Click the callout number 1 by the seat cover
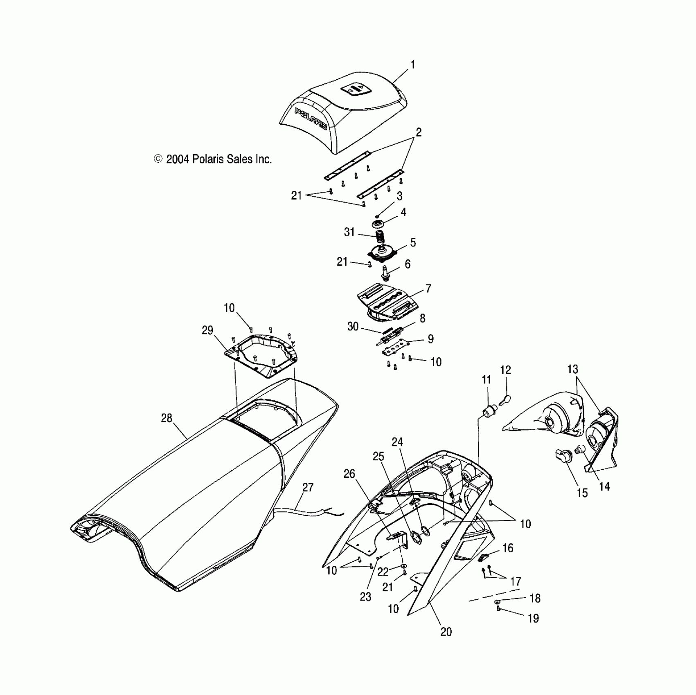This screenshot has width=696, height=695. (x=413, y=65)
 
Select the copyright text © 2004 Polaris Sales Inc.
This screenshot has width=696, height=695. (x=213, y=159)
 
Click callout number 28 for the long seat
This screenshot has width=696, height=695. (x=167, y=418)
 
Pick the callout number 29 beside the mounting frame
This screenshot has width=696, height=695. (x=207, y=330)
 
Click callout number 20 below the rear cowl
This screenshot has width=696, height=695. (x=446, y=632)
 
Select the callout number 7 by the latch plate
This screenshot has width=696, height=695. (x=428, y=289)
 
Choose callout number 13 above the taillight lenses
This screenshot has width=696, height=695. (x=572, y=369)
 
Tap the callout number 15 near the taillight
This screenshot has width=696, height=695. (x=582, y=493)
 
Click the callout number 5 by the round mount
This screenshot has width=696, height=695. (x=413, y=242)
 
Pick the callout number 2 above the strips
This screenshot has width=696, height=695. (x=418, y=132)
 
